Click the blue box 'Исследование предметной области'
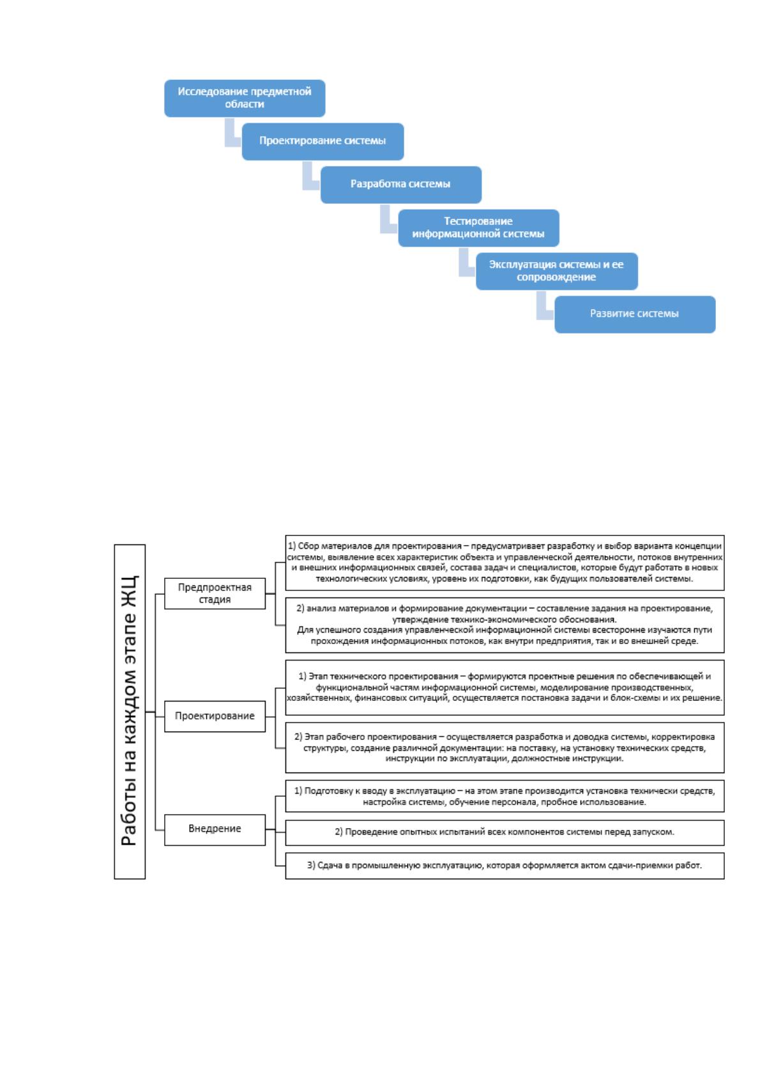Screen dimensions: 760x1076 coord(245,98)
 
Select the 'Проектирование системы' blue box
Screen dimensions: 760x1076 coord(323,141)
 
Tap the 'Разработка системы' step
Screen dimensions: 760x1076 coord(401,185)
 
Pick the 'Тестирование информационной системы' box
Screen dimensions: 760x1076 coord(478,227)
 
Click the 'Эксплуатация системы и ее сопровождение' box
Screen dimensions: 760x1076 coord(557,271)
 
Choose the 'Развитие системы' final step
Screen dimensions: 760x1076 coord(635,314)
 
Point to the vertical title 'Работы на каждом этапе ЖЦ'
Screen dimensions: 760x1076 coord(130,711)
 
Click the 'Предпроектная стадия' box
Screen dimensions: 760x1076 coord(215,593)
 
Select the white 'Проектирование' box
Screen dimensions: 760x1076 coord(215,716)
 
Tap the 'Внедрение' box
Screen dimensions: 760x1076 coord(215,829)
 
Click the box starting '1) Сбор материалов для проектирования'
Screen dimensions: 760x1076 coord(505,562)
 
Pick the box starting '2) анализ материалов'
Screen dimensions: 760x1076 coord(505,625)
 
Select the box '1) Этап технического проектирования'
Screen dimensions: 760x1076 coord(505,688)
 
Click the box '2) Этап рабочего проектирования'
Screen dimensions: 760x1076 coord(505,748)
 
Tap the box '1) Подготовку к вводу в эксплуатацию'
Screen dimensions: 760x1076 coord(505,796)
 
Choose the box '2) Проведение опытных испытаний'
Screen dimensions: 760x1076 coord(505,833)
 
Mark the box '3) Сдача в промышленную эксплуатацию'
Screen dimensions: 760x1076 coord(505,866)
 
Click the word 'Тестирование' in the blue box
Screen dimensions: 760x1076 coord(478,222)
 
